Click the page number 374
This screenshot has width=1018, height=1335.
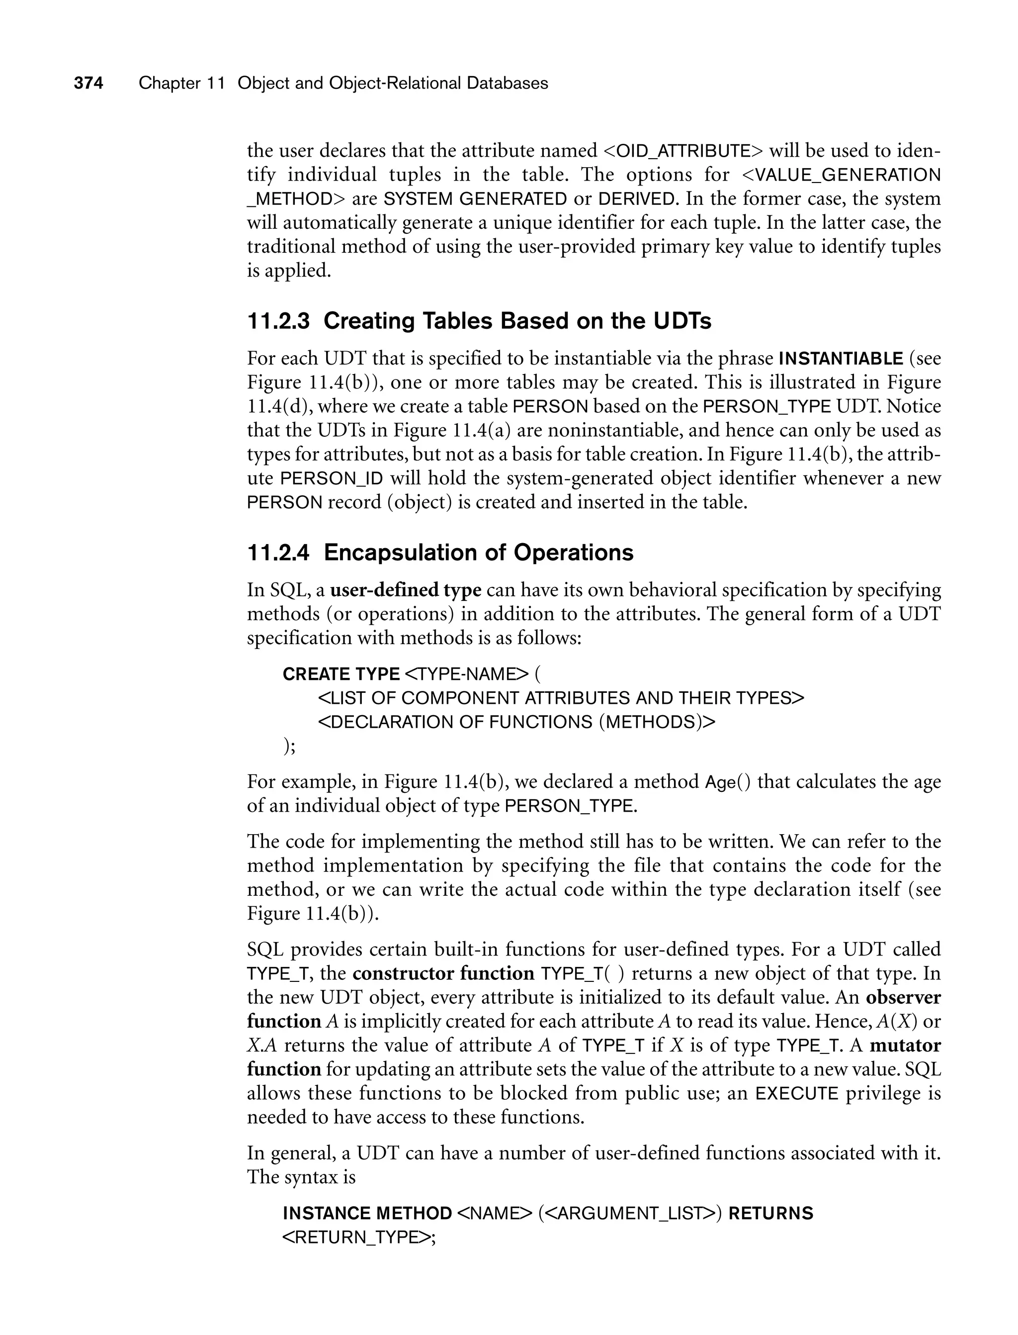[88, 83]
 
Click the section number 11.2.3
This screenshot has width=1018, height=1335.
[278, 321]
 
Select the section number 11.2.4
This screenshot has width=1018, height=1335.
[278, 552]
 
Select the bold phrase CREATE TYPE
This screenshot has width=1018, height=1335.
[341, 674]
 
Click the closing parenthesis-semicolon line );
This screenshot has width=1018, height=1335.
[290, 746]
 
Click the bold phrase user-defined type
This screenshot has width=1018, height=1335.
[406, 590]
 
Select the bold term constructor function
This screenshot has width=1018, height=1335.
[443, 973]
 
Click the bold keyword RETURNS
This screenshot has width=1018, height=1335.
[771, 1213]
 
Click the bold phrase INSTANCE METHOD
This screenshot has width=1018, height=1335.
[367, 1213]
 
